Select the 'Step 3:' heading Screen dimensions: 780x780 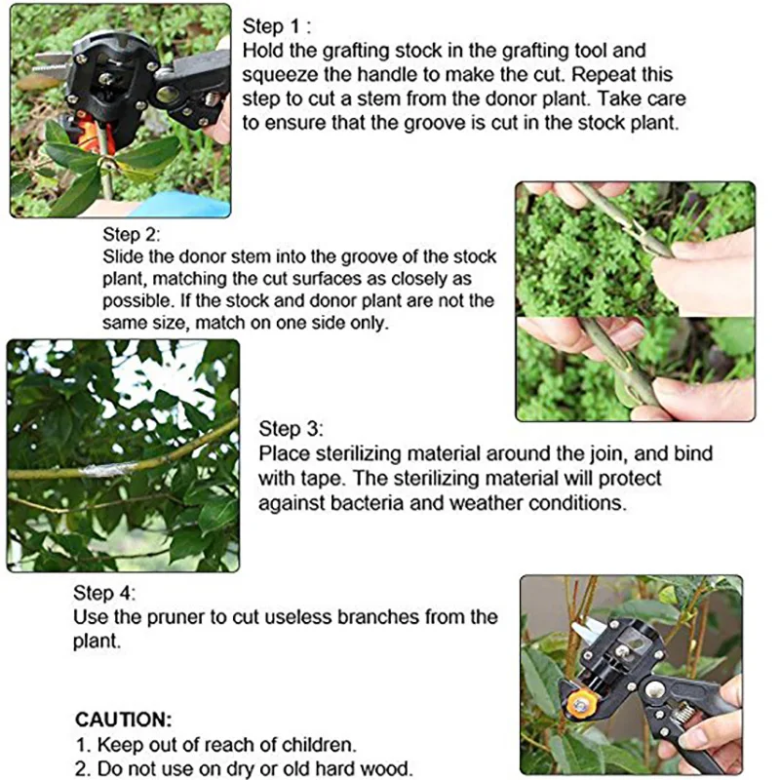291,430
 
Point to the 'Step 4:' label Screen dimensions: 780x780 104,594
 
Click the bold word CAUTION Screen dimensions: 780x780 123,721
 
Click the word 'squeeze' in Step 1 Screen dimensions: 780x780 277,75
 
